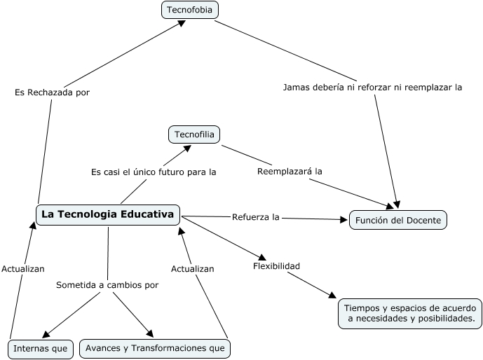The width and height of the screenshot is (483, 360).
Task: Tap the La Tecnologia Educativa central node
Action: (x=107, y=214)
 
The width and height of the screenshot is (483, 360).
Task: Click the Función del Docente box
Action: (x=397, y=220)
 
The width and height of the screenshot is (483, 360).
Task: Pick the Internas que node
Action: (x=40, y=348)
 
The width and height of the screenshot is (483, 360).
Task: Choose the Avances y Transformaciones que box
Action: (x=155, y=348)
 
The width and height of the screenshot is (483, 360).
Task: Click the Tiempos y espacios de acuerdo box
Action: (x=411, y=313)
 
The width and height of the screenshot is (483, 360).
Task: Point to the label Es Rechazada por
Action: (x=52, y=92)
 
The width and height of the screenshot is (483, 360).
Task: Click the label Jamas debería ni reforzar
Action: (x=372, y=88)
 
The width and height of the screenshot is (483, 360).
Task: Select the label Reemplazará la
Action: (x=290, y=172)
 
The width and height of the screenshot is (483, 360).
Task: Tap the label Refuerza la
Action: (x=256, y=217)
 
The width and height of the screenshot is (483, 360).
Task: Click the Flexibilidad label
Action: (x=276, y=266)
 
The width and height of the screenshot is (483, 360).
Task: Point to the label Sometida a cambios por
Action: (x=107, y=285)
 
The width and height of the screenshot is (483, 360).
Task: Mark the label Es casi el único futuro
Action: (x=154, y=172)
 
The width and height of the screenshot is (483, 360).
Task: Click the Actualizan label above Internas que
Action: (x=23, y=268)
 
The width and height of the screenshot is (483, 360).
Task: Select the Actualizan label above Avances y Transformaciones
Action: (x=193, y=268)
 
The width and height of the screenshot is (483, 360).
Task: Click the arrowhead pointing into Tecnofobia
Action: (x=182, y=23)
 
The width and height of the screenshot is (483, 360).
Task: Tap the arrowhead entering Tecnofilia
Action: (x=188, y=147)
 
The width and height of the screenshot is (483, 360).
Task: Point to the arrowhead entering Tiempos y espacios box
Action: (x=332, y=297)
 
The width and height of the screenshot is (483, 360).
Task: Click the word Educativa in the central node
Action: (x=147, y=214)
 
